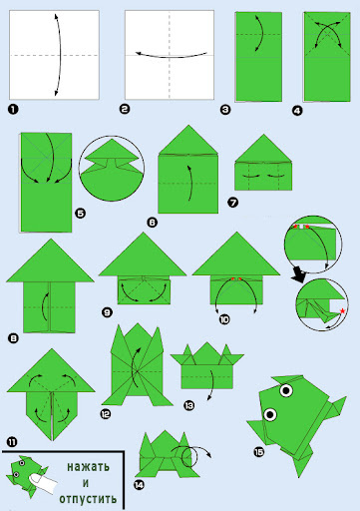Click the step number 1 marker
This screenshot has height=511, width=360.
tap(13, 109)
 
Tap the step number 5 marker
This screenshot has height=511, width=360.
tap(81, 213)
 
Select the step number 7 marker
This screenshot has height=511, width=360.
tap(233, 202)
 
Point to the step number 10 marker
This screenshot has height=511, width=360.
tap(224, 319)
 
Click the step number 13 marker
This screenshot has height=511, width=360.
tap(189, 405)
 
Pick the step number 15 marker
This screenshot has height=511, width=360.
tap(258, 452)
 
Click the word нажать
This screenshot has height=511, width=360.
tap(89, 467)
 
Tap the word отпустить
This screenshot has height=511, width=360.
tap(88, 498)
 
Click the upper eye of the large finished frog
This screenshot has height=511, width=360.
tap(286, 390)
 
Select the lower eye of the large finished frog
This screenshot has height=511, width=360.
tap(270, 414)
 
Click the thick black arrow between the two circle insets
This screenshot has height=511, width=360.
tap(299, 275)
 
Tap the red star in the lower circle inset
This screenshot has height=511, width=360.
tap(342, 311)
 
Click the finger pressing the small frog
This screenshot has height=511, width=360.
tap(43, 483)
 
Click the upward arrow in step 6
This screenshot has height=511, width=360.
tap(191, 183)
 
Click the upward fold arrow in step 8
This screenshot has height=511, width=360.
tap(43, 306)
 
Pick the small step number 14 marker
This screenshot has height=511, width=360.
tap(139, 485)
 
